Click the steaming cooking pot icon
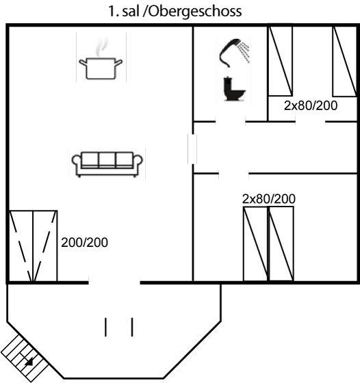[101, 59]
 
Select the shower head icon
[235, 53]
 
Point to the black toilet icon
[234, 89]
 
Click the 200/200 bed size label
[84, 243]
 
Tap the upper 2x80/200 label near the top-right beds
[311, 105]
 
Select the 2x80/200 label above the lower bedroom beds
[269, 199]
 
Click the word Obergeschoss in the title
[195, 11]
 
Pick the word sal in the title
[130, 11]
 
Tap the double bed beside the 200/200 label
[33, 246]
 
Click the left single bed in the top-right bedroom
[281, 61]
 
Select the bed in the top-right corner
[345, 61]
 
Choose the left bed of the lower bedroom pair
[256, 243]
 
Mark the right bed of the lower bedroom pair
[281, 243]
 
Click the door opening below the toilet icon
[231, 122]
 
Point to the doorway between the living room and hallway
[192, 149]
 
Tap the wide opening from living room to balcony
[114, 282]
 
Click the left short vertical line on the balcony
[105, 327]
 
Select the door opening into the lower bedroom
[233, 174]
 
